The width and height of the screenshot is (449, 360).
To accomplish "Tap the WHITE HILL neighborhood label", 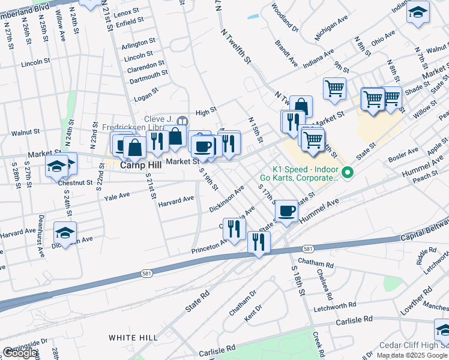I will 133,338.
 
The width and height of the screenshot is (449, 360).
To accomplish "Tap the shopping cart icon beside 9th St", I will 334,88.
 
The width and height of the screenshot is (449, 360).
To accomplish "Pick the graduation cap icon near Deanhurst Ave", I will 65,233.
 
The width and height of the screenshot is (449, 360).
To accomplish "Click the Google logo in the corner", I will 20,353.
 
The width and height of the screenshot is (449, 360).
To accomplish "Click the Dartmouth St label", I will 148,75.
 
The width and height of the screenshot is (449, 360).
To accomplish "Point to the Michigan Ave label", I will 331,27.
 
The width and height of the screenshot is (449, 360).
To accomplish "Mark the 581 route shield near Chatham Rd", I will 307,248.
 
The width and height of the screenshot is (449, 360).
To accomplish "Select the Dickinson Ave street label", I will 226,199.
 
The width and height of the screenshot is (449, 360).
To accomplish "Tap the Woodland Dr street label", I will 283,16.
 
